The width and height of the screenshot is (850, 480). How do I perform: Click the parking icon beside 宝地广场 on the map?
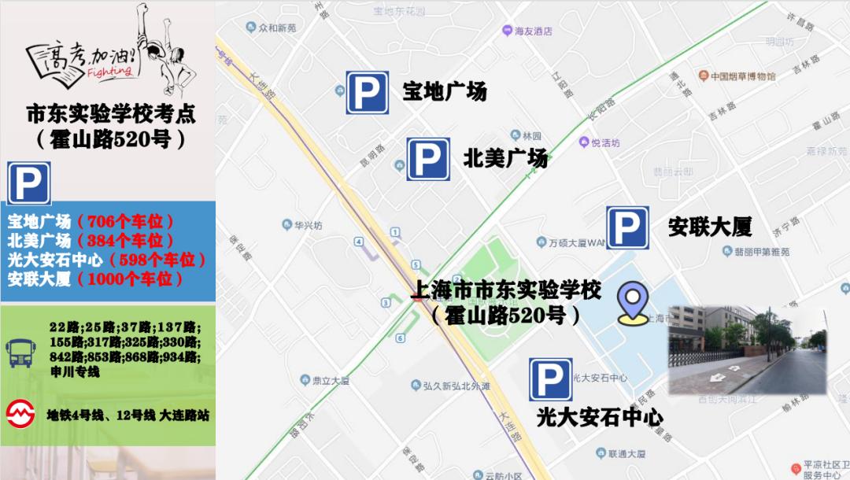click(x=367, y=93)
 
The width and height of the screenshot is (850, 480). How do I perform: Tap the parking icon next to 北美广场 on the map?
click(x=428, y=159)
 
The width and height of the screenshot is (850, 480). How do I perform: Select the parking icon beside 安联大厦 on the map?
click(x=627, y=227)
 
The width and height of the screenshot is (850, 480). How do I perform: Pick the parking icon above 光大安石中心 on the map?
click(x=550, y=379)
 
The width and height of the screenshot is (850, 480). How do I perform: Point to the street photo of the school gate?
click(x=747, y=350)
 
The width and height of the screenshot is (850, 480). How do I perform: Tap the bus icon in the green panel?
click(x=20, y=352)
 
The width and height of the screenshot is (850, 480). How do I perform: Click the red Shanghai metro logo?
click(x=20, y=413)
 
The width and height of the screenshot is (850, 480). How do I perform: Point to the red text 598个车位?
click(x=157, y=260)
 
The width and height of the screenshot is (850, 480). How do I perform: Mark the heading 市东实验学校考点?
click(x=110, y=114)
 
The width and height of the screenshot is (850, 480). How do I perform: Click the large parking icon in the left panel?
click(x=29, y=183)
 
